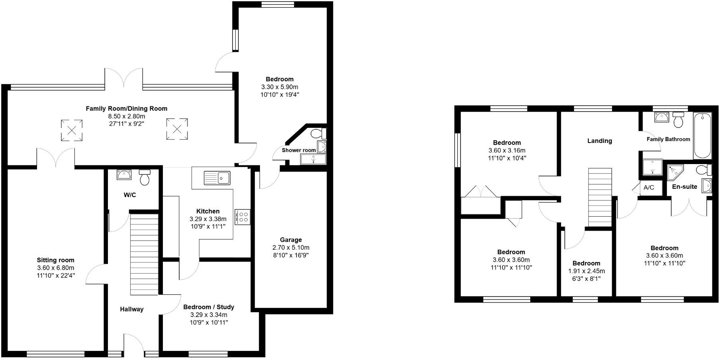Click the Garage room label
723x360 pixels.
pyautogui.click(x=291, y=240)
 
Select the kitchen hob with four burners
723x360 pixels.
pyautogui.click(x=242, y=217)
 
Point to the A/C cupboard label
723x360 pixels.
pyautogui.click(x=649, y=188)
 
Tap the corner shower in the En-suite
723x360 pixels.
pyautogui.click(x=675, y=172)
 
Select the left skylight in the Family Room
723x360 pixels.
pyautogui.click(x=72, y=130)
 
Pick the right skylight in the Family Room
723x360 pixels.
pyautogui.click(x=177, y=129)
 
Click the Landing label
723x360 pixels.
pyautogui.click(x=600, y=141)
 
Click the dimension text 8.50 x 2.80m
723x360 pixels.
pyautogui.click(x=127, y=116)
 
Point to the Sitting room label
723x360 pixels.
pyautogui.click(x=56, y=260)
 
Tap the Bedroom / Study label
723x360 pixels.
pyautogui.click(x=209, y=307)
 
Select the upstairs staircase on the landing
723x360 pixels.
pyautogui.click(x=600, y=197)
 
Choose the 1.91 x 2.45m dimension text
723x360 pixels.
pyautogui.click(x=586, y=271)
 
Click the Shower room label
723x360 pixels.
pyautogui.click(x=299, y=150)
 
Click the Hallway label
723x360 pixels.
pyautogui.click(x=132, y=309)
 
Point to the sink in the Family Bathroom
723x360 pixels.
pyautogui.click(x=662, y=117)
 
